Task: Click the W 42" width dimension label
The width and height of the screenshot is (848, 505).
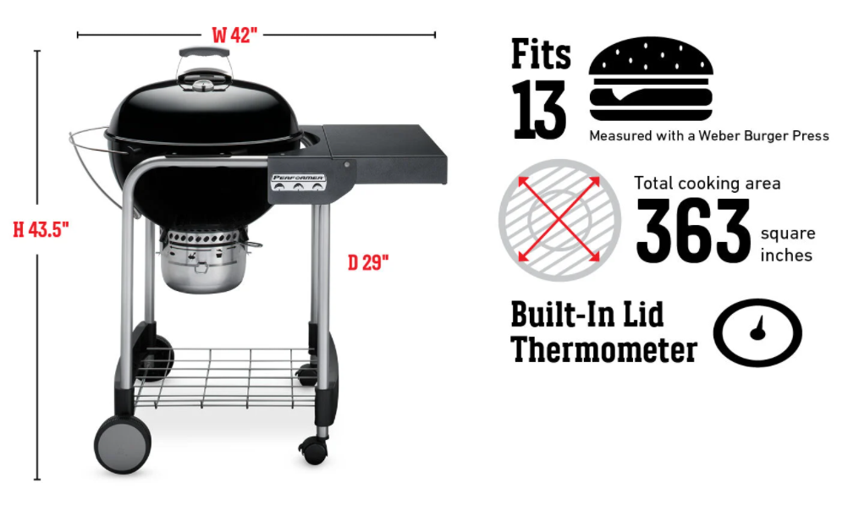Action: pyautogui.click(x=234, y=36)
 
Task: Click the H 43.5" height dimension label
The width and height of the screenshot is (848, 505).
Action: pyautogui.click(x=41, y=230)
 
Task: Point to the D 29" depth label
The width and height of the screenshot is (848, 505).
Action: pyautogui.click(x=368, y=263)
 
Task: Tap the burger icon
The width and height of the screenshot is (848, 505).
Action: pyautogui.click(x=651, y=79)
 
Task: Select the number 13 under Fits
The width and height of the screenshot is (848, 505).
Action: pyautogui.click(x=539, y=110)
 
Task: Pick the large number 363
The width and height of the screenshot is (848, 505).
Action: pyautogui.click(x=694, y=231)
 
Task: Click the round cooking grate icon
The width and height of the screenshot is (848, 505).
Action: pyautogui.click(x=559, y=220)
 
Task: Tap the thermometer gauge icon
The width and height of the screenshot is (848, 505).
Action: pyautogui.click(x=757, y=332)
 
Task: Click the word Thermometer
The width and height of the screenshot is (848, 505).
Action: pyautogui.click(x=604, y=350)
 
